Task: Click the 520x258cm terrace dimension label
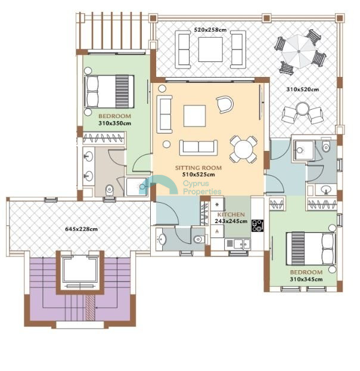click(x=210, y=30)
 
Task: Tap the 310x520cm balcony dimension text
click(x=302, y=89)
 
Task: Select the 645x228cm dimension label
click(x=81, y=229)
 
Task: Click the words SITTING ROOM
click(x=198, y=168)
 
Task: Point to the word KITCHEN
click(x=231, y=215)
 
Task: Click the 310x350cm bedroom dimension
click(x=114, y=123)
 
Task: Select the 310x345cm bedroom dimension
click(x=306, y=279)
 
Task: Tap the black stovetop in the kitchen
click(x=257, y=226)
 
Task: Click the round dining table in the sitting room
click(x=243, y=149)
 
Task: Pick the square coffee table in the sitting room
click(x=194, y=116)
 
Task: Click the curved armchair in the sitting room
click(x=225, y=104)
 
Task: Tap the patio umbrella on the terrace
click(x=299, y=51)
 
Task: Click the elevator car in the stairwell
click(x=80, y=270)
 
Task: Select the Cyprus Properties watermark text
click(x=202, y=187)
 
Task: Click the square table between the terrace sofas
click(x=210, y=50)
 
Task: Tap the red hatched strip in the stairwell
click(x=90, y=307)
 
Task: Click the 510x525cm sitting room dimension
click(x=198, y=175)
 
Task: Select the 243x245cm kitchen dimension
click(x=231, y=221)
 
